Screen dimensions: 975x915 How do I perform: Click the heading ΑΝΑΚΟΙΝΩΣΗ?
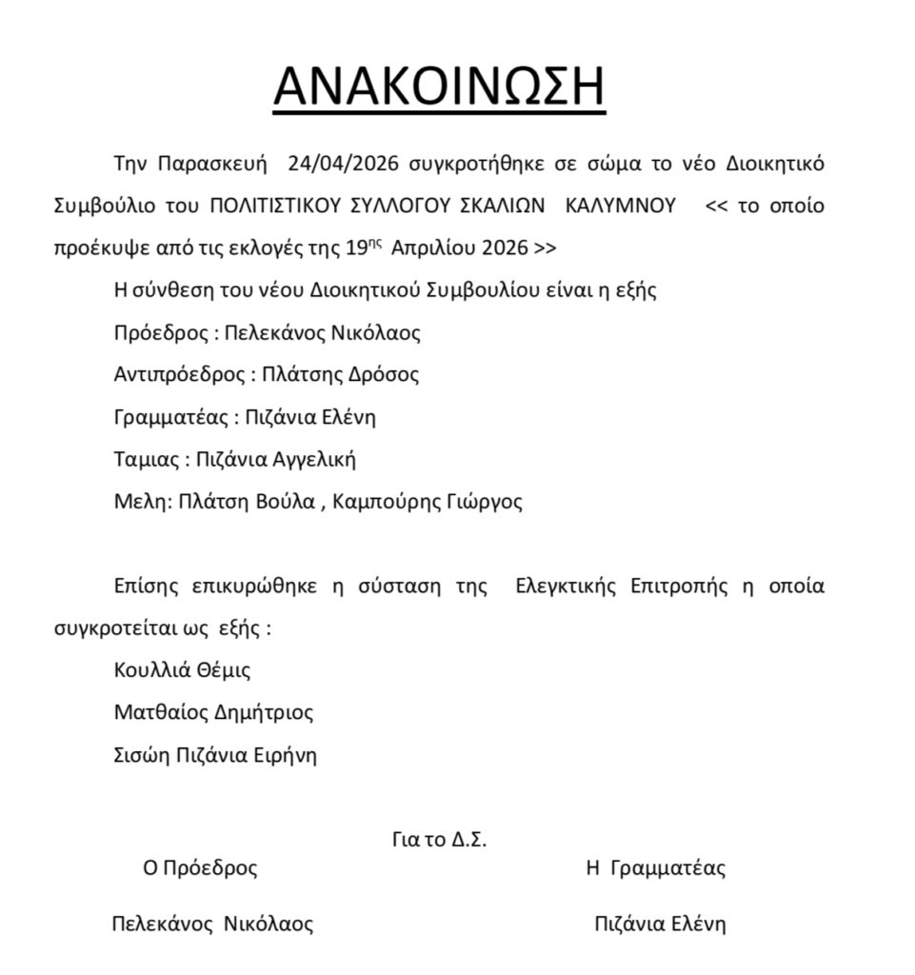click(439, 88)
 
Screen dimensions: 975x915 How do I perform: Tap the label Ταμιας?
click(146, 460)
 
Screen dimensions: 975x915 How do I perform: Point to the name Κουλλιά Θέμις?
click(182, 669)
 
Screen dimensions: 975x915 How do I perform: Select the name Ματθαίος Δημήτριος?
click(213, 712)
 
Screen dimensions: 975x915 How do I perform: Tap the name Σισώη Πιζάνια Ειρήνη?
click(215, 755)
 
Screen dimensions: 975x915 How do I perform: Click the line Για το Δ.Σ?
click(439, 840)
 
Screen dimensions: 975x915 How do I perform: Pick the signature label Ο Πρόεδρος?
click(200, 867)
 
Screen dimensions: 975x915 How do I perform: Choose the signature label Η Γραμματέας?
click(656, 867)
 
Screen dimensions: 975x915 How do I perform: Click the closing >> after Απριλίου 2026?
click(546, 249)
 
